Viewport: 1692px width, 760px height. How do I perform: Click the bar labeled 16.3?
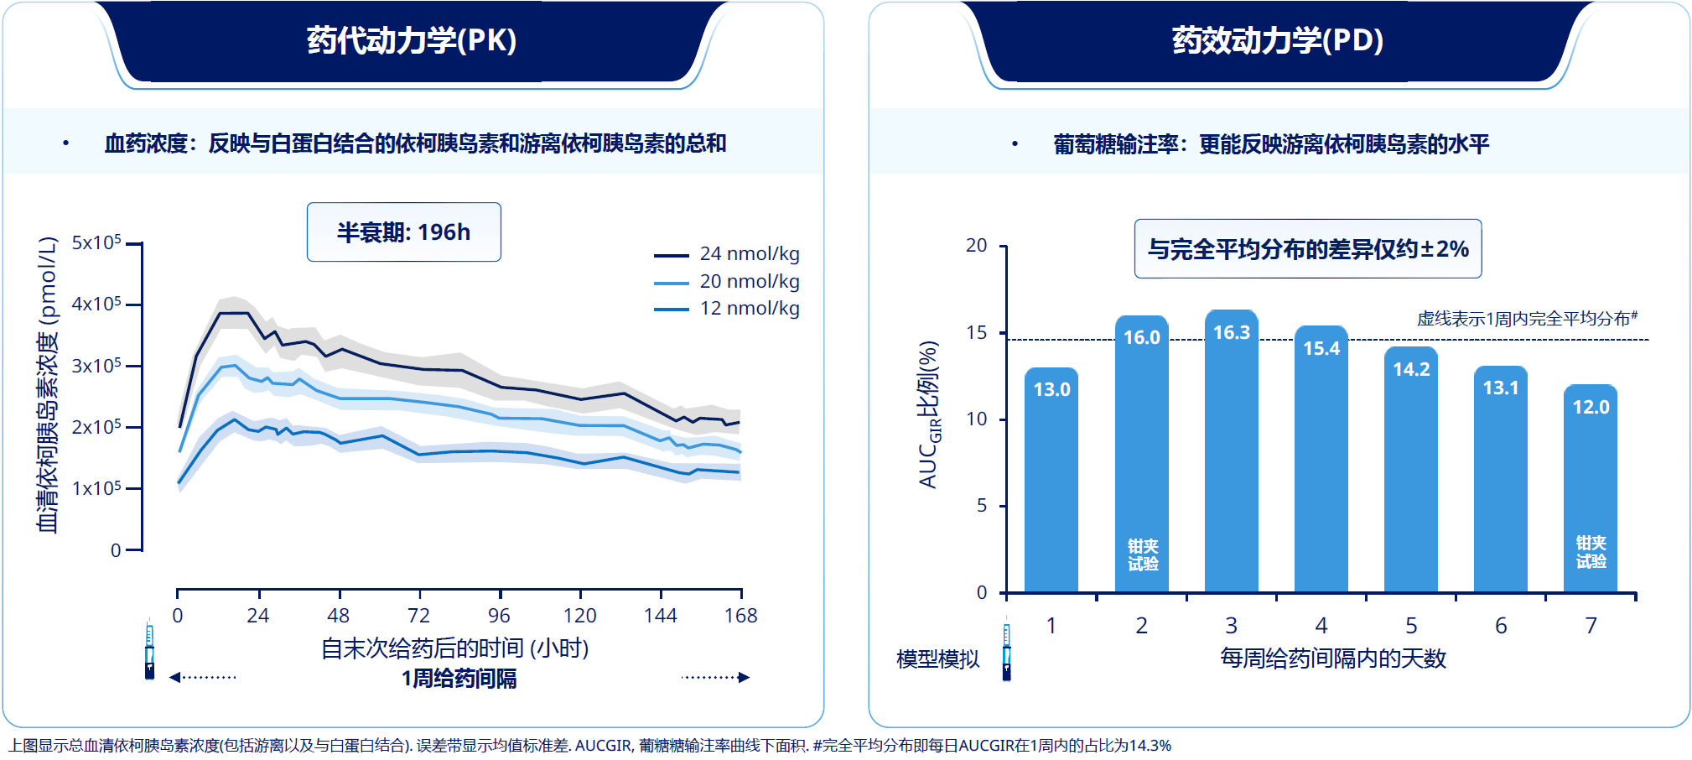point(1231,453)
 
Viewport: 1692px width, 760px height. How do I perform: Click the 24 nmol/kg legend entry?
point(727,254)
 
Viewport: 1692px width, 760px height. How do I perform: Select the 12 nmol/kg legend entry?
point(727,309)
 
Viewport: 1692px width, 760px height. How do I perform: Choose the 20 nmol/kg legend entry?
point(727,282)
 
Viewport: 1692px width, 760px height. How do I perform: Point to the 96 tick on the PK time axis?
point(500,616)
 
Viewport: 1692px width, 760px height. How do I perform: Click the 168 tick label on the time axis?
point(740,616)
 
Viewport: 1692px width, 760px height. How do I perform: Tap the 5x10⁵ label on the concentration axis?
point(96,243)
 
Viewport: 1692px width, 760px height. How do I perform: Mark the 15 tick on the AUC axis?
point(976,333)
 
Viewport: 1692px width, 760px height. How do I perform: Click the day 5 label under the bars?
point(1411,626)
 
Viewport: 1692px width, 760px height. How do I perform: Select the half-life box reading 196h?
point(404,232)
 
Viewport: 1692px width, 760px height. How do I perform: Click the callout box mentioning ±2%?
point(1308,249)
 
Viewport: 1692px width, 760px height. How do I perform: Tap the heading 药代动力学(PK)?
point(411,40)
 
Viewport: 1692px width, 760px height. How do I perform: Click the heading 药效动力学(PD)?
point(1277,40)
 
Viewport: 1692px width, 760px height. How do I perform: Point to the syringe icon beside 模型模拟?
point(1007,649)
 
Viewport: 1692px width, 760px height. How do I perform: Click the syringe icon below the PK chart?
point(149,649)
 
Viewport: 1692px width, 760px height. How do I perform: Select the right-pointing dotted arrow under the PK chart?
point(715,677)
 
